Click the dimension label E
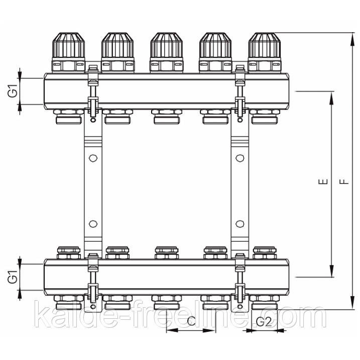click(x=323, y=182)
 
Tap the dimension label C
click(x=191, y=321)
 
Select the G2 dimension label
click(x=264, y=322)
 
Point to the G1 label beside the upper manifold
click(x=13, y=91)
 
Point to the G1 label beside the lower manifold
click(x=13, y=277)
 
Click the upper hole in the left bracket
click(x=93, y=158)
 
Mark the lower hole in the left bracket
click(x=93, y=224)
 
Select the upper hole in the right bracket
click(x=240, y=158)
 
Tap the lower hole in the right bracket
click(x=240, y=224)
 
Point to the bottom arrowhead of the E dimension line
click(x=331, y=272)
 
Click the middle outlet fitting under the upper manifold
click(x=167, y=117)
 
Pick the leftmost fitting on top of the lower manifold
click(x=69, y=253)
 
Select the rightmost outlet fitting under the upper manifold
click(x=265, y=117)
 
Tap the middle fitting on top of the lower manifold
click(x=167, y=253)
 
